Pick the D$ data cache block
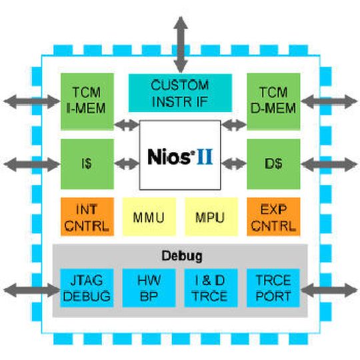point(273,163)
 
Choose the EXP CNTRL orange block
point(273,217)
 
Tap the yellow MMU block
point(149,217)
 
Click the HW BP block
point(148,287)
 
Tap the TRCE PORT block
point(273,287)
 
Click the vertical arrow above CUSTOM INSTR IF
point(180,40)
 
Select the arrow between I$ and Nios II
point(127,162)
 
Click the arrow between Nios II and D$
point(233,162)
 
